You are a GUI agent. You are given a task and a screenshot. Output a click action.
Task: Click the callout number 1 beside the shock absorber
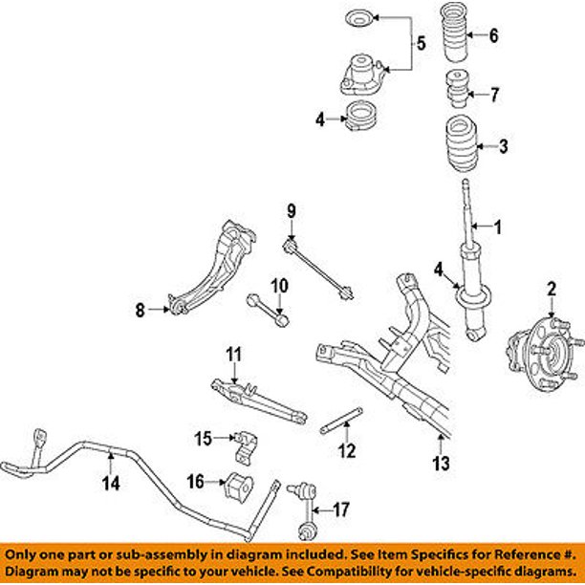(x=497, y=227)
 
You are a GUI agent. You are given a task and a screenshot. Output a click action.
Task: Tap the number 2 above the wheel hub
(x=551, y=288)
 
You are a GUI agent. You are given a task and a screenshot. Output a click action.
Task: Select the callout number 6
(x=493, y=37)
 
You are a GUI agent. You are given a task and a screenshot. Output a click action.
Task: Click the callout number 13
(x=440, y=466)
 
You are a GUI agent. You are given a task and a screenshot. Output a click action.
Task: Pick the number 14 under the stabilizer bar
(x=112, y=483)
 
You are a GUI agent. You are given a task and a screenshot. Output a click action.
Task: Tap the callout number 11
(x=230, y=355)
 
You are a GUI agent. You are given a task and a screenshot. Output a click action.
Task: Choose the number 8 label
(x=140, y=309)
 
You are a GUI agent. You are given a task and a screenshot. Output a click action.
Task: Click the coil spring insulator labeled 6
(x=458, y=38)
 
